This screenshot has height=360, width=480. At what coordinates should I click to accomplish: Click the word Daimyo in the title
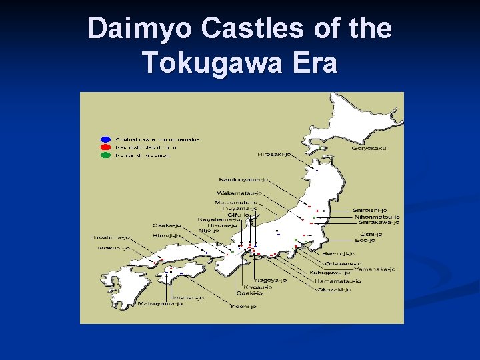[126, 29]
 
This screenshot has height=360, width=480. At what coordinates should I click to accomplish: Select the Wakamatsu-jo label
[239, 193]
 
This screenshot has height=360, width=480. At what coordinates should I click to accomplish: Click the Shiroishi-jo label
[370, 211]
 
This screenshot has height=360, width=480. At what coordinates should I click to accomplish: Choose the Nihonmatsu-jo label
[377, 217]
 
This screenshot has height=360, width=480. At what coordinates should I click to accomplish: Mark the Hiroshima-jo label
[111, 237]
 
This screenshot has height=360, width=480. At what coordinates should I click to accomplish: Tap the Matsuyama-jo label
[160, 303]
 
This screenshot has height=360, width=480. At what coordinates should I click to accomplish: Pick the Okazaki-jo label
[333, 289]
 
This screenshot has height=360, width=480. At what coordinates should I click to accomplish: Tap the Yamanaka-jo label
[374, 269]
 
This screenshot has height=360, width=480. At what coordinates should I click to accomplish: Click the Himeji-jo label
[165, 235]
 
